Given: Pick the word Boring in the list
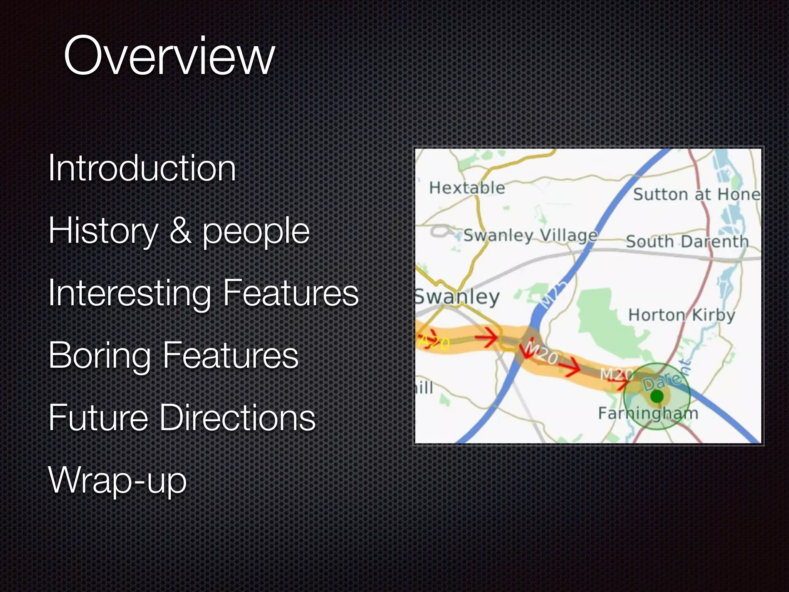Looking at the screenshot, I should point(99,356).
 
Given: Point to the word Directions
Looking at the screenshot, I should point(237,418).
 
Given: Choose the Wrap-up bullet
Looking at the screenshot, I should point(117,480).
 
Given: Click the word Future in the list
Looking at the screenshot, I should point(98,418).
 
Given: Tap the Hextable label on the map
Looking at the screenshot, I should point(467,188).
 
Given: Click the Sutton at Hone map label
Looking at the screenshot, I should point(697,194).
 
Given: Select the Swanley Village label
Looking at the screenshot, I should point(530,235).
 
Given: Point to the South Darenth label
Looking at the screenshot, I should point(687,242).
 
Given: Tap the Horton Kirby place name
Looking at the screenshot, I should point(682,315).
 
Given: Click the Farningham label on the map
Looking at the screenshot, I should point(648,414).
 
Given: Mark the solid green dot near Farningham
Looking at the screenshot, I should point(657,396).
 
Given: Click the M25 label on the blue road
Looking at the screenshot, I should point(553,294).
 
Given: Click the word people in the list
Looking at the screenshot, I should point(256,231).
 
